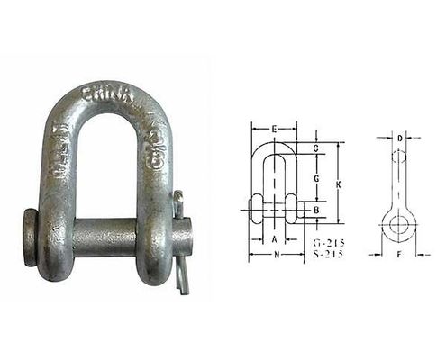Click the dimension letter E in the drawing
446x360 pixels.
point(273,130)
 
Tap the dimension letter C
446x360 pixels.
point(316,147)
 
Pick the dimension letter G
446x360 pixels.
point(316,179)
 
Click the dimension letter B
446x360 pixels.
point(316,210)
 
